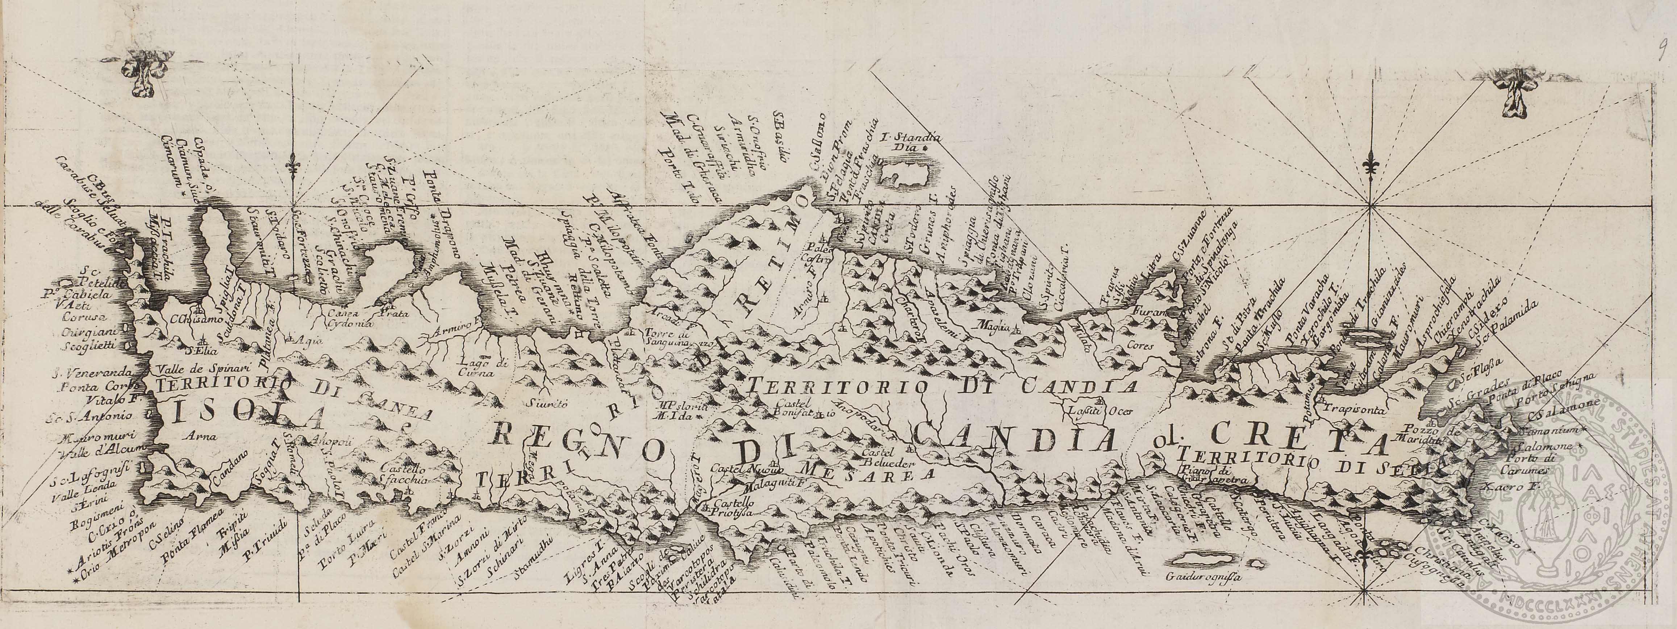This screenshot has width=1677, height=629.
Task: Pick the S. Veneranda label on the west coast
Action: click(x=85, y=374)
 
